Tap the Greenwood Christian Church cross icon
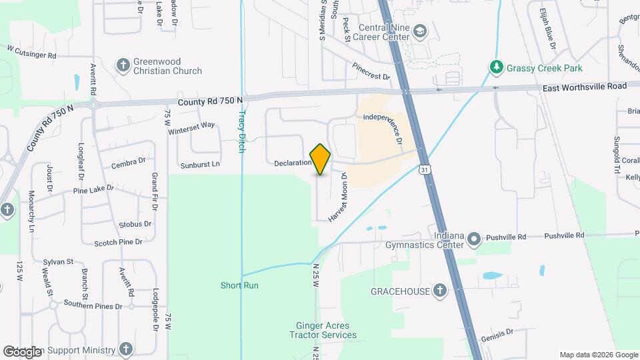[x=123, y=65]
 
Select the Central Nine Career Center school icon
[x=420, y=31]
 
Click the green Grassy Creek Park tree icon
[x=495, y=67]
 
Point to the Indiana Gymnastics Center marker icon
[x=473, y=239]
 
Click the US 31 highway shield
[x=425, y=171]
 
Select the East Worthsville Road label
[x=585, y=87]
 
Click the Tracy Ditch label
[x=242, y=129]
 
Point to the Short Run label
[x=239, y=285]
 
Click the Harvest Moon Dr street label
[x=337, y=197]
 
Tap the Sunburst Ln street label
[x=199, y=164]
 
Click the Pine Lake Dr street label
[x=94, y=189]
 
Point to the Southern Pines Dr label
[x=93, y=306]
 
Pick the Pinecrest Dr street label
[x=372, y=72]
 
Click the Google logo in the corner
[x=22, y=351]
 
